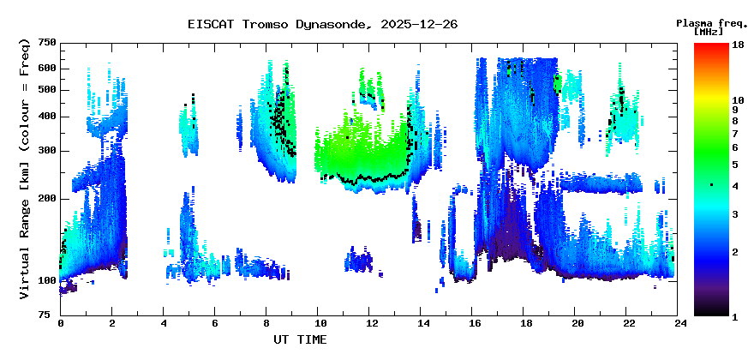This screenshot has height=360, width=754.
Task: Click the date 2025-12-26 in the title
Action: (419, 25)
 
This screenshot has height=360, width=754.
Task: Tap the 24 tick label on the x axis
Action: (677, 323)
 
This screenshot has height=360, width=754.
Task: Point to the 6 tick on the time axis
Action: (214, 323)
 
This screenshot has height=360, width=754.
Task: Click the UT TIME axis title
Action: (300, 339)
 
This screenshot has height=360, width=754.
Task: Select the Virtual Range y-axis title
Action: (25, 170)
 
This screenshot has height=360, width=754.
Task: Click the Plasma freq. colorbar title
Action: (712, 23)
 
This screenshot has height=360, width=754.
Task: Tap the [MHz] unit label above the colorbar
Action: (709, 32)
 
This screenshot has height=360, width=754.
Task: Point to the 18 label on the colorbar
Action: (738, 45)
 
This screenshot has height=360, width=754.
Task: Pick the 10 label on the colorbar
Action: (738, 100)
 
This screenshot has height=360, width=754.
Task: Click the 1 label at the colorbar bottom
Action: (735, 316)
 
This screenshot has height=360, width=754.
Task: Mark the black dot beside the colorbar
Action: (711, 185)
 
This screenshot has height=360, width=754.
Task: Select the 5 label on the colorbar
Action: (735, 165)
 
